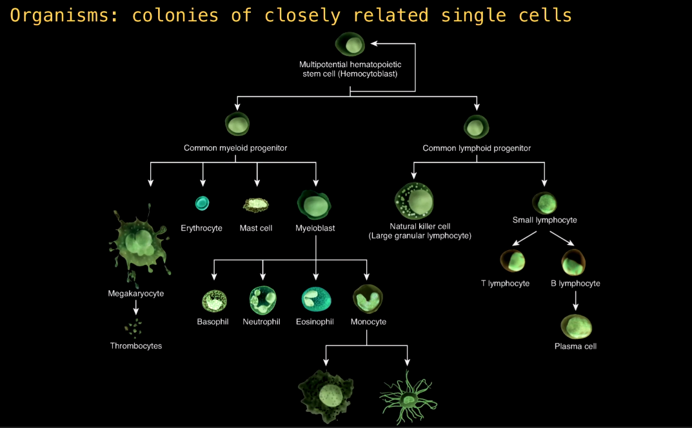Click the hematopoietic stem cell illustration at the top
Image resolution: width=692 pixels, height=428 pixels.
350,44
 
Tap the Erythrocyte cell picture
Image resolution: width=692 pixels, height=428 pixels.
202,203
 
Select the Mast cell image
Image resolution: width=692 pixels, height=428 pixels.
256,205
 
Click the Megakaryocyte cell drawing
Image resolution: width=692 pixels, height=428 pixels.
139,242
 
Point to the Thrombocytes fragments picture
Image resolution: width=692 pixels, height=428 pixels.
133,327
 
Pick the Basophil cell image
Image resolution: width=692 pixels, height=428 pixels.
214,301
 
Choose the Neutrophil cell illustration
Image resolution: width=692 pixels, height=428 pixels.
263,300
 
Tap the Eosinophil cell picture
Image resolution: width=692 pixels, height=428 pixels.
316,299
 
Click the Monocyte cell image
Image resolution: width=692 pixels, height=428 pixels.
368,298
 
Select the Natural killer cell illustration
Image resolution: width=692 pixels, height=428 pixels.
414,201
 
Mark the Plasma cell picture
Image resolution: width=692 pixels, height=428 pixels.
576,327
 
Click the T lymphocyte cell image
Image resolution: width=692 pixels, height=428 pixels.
512,261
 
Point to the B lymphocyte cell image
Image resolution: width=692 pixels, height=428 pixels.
573,262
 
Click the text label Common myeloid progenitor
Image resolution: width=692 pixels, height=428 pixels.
235,148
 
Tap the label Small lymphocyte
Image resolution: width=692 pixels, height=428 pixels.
544,220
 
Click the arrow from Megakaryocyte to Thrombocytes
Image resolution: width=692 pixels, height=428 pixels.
136,307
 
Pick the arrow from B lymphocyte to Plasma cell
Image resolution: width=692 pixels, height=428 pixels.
575,300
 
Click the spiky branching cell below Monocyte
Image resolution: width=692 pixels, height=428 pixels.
408,398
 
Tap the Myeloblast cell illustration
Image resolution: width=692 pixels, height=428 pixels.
314,205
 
